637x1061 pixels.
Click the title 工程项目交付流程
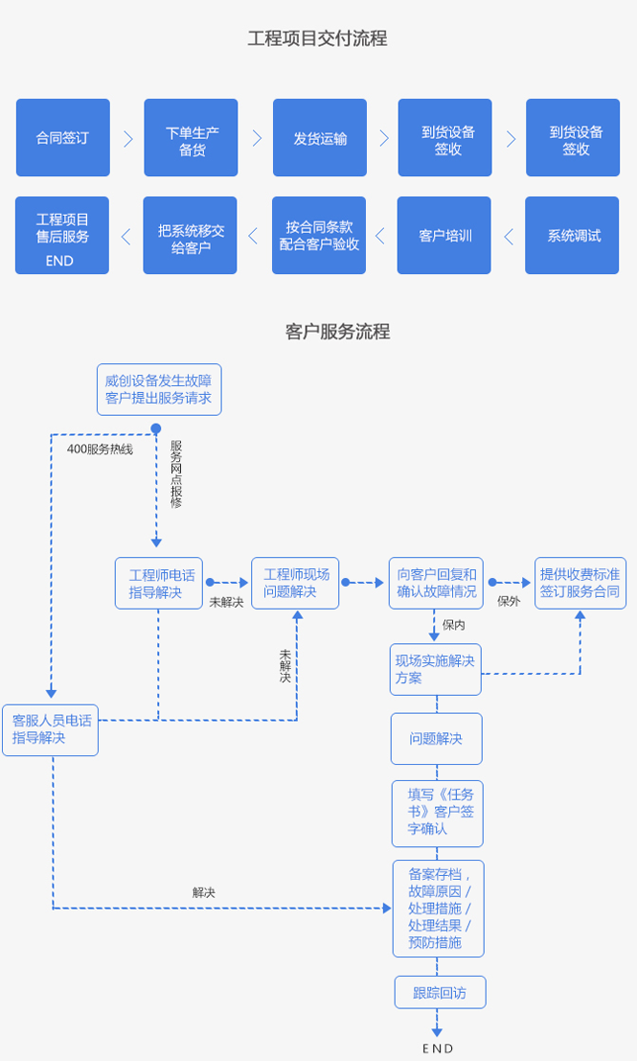pyautogui.click(x=317, y=39)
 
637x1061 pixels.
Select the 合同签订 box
pyautogui.click(x=62, y=138)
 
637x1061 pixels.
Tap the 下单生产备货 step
pyautogui.click(x=191, y=138)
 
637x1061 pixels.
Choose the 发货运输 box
pyautogui.click(x=320, y=138)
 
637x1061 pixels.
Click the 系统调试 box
pyautogui.click(x=574, y=236)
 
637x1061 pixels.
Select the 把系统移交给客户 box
pyautogui.click(x=191, y=236)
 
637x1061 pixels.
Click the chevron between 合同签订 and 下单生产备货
pyautogui.click(x=127, y=138)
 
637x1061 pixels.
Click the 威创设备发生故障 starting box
pyautogui.click(x=159, y=389)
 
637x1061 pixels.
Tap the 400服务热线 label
pyautogui.click(x=100, y=449)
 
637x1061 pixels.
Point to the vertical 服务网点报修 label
pyautogui.click(x=176, y=473)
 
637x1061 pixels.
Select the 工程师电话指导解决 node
pyautogui.click(x=162, y=583)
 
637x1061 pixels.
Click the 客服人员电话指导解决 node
pyautogui.click(x=51, y=729)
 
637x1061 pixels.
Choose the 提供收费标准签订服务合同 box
pyautogui.click(x=580, y=583)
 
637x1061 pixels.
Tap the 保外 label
pyautogui.click(x=509, y=602)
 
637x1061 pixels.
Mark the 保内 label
pyautogui.click(x=454, y=625)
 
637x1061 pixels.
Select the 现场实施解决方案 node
pyautogui.click(x=435, y=669)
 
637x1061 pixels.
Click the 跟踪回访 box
pyautogui.click(x=440, y=992)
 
